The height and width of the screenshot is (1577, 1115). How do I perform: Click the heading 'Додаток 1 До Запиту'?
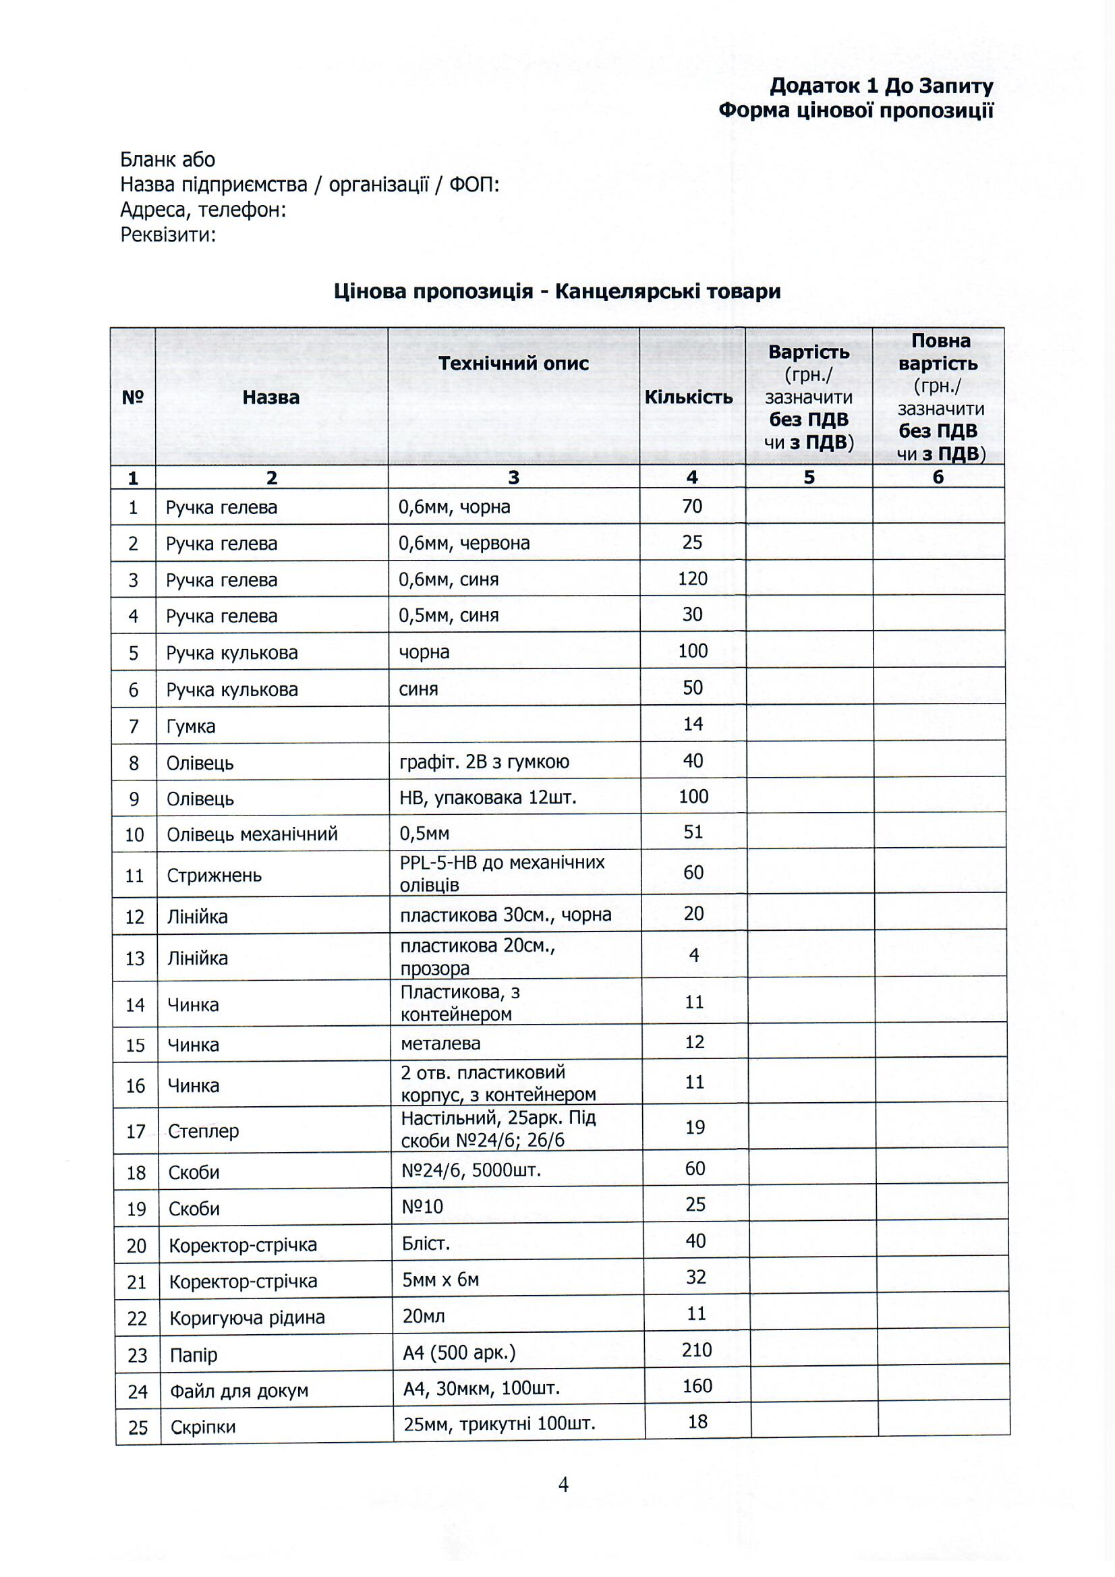(881, 86)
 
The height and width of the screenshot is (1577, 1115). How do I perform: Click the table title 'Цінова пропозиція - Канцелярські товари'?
(557, 291)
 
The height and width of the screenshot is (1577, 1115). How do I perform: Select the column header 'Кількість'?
(689, 398)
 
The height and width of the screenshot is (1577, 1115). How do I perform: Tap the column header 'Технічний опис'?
(513, 364)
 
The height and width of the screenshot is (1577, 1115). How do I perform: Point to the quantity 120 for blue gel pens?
(692, 578)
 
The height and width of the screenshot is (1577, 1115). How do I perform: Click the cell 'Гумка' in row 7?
(190, 726)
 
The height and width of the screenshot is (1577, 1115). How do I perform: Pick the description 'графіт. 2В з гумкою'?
(484, 762)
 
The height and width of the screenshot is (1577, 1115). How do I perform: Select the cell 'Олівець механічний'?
(252, 834)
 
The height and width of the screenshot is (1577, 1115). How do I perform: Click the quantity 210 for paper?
(696, 1350)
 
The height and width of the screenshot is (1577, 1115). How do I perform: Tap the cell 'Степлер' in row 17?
(203, 1130)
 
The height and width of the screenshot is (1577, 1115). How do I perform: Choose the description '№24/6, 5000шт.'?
(471, 1170)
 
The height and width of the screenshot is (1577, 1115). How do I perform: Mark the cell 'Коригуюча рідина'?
(248, 1317)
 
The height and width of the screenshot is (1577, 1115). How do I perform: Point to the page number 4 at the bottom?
(563, 1485)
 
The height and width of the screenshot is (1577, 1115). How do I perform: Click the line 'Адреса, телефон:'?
(202, 210)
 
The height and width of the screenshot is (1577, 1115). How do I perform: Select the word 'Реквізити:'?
(169, 235)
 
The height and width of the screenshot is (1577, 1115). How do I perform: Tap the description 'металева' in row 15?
(440, 1043)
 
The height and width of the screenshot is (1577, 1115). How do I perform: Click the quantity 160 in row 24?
(697, 1386)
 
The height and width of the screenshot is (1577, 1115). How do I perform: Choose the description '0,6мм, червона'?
(463, 542)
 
